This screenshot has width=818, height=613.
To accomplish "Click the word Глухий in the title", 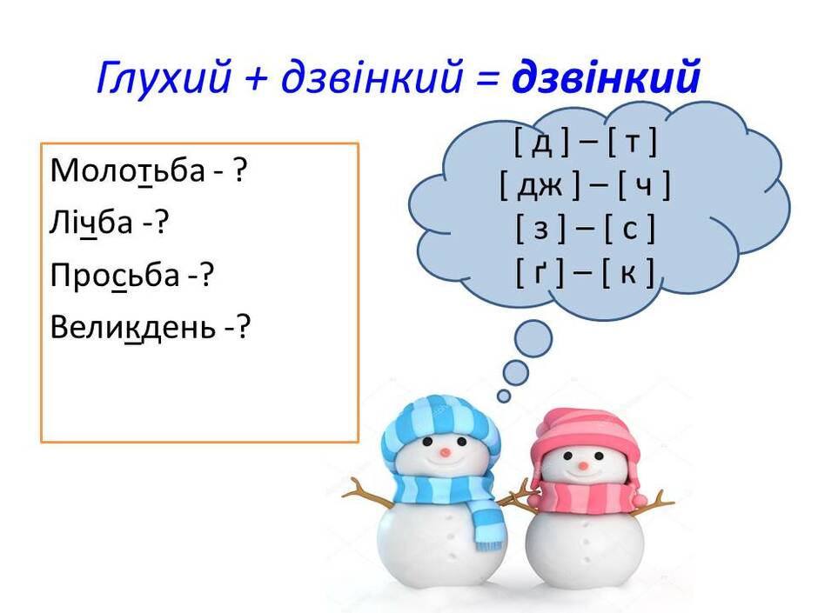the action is pyautogui.click(x=164, y=77).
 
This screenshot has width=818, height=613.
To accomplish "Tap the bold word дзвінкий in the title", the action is pyautogui.click(x=606, y=77).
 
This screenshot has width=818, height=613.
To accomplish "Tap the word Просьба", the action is pyautogui.click(x=115, y=275).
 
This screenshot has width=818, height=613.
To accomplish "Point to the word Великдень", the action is pyautogui.click(x=132, y=327).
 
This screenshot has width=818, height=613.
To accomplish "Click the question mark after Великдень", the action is pyautogui.click(x=243, y=327).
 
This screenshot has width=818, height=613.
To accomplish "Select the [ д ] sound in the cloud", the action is pyautogui.click(x=541, y=143).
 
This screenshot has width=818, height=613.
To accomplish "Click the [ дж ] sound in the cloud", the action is pyautogui.click(x=540, y=186).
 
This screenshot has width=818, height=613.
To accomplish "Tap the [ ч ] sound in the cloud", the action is pyautogui.click(x=644, y=186).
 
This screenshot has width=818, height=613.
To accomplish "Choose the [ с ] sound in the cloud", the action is pyautogui.click(x=629, y=230).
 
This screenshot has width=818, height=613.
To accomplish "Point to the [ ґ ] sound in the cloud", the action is pyautogui.click(x=540, y=273).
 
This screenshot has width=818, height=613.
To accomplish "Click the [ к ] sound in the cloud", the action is pyautogui.click(x=627, y=273).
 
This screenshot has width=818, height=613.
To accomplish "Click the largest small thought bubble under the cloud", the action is pyautogui.click(x=533, y=339).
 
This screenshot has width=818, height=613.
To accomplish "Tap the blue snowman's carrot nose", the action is pyautogui.click(x=445, y=452).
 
